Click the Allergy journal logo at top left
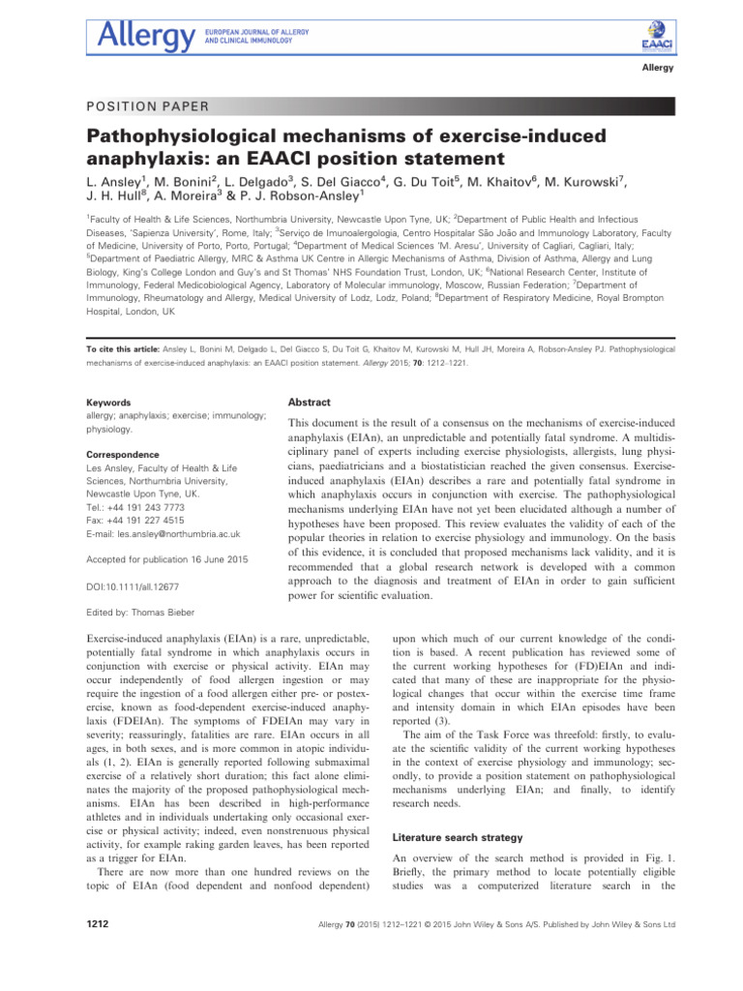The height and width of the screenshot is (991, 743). coord(145,38)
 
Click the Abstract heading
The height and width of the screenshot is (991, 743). coord(310,402)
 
